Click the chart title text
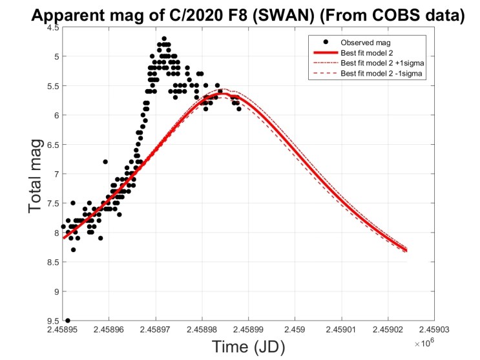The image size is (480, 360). click(x=240, y=14)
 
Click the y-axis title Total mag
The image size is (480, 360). click(x=37, y=176)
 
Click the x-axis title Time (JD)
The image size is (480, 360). click(x=248, y=346)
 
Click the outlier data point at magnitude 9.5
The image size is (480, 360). click(x=68, y=321)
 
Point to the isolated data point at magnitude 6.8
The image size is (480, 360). click(x=105, y=162)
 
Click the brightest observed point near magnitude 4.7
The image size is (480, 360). click(x=164, y=39)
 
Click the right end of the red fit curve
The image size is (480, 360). click(x=406, y=250)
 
